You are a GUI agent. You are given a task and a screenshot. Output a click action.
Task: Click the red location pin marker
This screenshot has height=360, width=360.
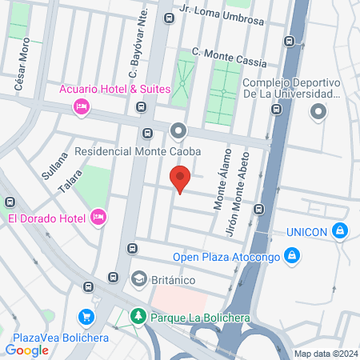[181, 178]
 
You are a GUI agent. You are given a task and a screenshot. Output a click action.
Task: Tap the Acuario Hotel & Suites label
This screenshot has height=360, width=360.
[116, 89]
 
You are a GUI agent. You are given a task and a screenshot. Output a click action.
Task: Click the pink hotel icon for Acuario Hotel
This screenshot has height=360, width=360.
[80, 106]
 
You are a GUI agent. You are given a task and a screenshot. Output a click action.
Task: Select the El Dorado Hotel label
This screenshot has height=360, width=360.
[46, 218]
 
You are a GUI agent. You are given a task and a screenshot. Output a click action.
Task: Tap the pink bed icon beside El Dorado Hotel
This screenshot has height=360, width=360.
[99, 217]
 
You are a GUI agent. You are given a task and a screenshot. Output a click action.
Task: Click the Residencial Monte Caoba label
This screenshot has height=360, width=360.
[137, 150]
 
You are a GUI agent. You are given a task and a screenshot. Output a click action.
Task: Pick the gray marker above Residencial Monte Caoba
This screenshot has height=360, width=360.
[178, 130]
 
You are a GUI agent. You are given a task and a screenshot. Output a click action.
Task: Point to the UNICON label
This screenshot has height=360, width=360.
[307, 232]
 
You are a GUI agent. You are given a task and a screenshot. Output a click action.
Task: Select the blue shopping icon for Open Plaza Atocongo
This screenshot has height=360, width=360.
[293, 256]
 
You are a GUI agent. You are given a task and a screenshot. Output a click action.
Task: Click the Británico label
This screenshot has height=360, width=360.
[178, 279]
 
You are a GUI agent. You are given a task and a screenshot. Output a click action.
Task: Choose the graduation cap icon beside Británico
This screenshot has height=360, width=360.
[138, 279]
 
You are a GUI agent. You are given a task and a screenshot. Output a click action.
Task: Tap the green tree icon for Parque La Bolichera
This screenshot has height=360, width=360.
[138, 317]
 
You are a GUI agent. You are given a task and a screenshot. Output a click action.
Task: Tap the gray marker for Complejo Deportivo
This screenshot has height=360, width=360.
[319, 111]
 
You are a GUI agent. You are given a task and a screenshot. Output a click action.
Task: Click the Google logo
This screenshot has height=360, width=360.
[27, 350]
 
